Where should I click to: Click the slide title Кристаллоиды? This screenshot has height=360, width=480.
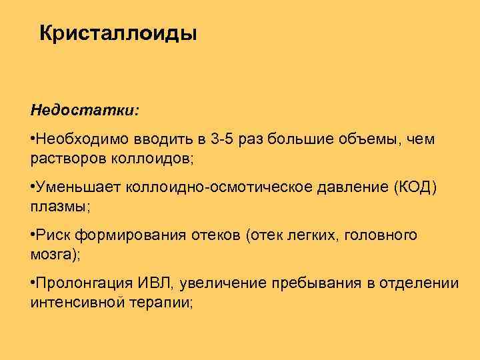(x=118, y=33)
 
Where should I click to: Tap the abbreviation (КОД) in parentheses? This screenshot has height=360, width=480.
(x=408, y=189)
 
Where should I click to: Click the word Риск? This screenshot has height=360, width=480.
(x=53, y=235)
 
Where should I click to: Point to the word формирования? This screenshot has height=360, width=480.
(x=124, y=235)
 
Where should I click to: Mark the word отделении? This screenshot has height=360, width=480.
(x=419, y=283)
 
